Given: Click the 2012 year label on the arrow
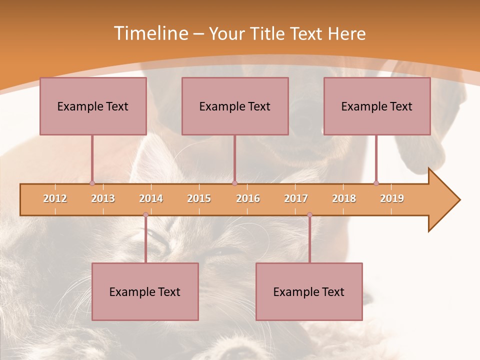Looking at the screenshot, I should (x=55, y=198).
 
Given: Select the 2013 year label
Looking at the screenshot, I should (x=103, y=198).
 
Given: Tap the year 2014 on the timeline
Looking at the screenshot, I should (x=151, y=198).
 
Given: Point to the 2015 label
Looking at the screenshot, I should (x=199, y=198).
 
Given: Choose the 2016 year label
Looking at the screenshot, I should (x=248, y=198).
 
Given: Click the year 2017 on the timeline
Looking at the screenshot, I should (x=296, y=198).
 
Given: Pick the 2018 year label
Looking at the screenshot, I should (x=344, y=198).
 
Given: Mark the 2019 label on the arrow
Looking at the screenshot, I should (x=392, y=198).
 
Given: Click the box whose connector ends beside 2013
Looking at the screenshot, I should (x=93, y=106).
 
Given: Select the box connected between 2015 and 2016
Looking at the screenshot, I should (x=235, y=106).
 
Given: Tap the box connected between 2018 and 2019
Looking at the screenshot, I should (x=377, y=106).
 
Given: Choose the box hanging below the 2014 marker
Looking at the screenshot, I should (x=145, y=291).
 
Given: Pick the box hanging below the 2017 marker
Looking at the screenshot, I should (x=309, y=291).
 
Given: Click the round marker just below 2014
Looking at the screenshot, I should (x=145, y=215).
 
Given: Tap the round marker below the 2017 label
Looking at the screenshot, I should (x=309, y=215).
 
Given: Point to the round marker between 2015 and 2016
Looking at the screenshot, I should (x=234, y=183).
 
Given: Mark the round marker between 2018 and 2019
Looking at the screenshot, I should (x=376, y=183).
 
